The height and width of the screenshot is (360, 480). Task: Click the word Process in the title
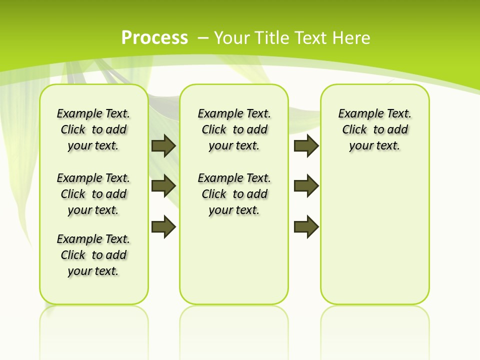154,37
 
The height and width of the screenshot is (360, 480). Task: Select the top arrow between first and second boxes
163,145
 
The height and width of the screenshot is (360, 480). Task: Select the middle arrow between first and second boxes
163,186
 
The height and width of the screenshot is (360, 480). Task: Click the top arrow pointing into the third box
306,145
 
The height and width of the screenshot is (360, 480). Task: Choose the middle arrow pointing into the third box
306,186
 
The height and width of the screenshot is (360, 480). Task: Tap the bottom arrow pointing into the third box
306,226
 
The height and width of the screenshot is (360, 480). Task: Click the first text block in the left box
93,129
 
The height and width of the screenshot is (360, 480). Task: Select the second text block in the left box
93,194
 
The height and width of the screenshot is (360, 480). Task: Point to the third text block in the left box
93,255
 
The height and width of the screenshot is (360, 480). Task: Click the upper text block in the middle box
234,129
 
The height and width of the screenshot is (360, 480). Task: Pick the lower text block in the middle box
234,194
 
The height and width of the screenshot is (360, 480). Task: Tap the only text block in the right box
374,129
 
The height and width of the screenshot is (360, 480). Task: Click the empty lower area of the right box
374,235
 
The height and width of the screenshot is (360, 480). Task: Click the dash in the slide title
203,37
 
